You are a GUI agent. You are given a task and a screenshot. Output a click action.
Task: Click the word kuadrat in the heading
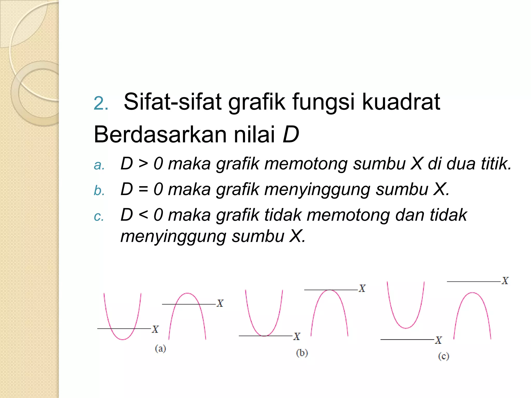coord(401,102)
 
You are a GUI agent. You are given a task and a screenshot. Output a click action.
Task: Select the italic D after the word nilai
coord(291,134)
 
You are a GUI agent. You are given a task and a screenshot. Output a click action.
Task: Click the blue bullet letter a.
coord(99,165)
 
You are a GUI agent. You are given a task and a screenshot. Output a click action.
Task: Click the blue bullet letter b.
coord(99,191)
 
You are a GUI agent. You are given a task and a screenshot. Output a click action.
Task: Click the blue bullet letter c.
coord(99,217)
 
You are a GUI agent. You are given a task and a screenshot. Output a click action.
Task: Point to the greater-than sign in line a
coord(143,164)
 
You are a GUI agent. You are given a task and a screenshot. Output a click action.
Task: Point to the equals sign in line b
coord(143,189)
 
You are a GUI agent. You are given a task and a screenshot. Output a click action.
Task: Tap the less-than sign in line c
coord(143,215)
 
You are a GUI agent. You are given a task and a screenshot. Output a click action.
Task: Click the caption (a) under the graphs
coord(160,349)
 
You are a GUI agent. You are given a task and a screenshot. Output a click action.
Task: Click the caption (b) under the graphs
coord(302,353)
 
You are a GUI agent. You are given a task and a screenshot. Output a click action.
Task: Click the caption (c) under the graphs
coord(443,357)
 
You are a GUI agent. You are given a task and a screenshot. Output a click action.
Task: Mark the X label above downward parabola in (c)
coord(505,281)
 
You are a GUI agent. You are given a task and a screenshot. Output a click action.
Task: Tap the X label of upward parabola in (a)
coord(155,329)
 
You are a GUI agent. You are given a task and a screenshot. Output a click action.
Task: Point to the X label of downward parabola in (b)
coord(362,288)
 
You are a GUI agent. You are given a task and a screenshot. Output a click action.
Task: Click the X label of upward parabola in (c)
coord(438,340)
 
